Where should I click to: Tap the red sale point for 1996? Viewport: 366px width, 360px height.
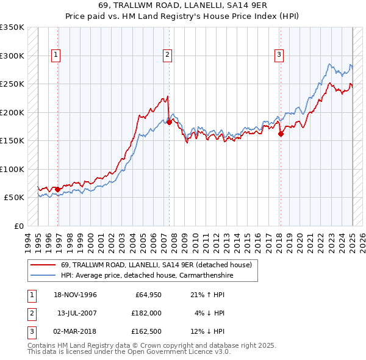58,189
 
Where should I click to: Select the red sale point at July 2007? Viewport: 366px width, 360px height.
169,123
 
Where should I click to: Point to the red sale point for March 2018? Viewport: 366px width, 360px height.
281,134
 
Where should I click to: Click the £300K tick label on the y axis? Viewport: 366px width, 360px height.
12,56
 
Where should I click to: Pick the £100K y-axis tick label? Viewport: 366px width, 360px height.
12,169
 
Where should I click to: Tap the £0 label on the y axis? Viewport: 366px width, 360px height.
18,226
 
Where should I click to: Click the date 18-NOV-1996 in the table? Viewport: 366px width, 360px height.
75,295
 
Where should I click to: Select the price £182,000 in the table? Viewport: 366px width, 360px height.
146,313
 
